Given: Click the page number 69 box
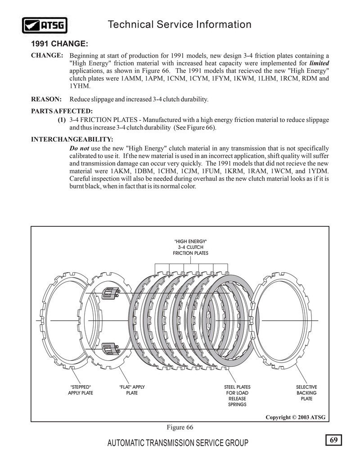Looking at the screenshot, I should [333, 440].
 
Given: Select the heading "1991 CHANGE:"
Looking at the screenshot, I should [59, 44].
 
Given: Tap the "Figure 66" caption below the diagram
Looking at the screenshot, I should [180, 427].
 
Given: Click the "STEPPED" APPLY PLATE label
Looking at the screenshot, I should [81, 390].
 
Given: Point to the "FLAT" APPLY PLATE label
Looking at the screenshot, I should [132, 390].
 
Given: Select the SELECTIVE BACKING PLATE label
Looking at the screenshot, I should [306, 393].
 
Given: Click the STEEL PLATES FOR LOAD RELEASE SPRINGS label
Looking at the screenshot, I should [237, 396].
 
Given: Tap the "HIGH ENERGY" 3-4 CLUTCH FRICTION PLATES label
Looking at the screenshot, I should [191, 247].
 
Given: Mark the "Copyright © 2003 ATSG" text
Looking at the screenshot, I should [295, 418].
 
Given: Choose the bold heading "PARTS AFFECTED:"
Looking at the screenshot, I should [62, 111].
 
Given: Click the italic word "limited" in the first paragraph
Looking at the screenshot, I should [319, 63].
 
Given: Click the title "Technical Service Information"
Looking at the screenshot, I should [180, 25].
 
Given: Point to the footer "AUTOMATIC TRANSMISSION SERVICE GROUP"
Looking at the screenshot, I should [178, 444].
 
